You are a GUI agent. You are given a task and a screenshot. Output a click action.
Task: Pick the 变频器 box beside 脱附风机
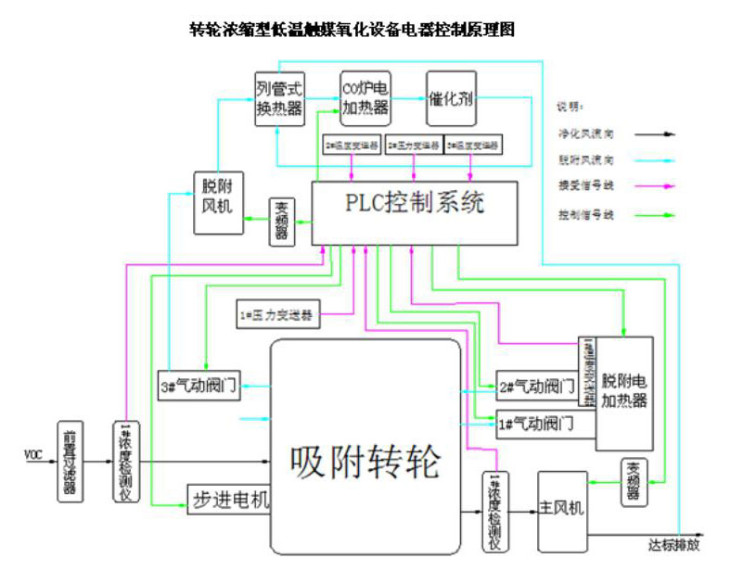point(282,222)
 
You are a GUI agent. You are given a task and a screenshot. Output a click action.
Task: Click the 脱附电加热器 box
point(624,390)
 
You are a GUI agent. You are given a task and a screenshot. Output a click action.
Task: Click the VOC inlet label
point(34,455)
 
